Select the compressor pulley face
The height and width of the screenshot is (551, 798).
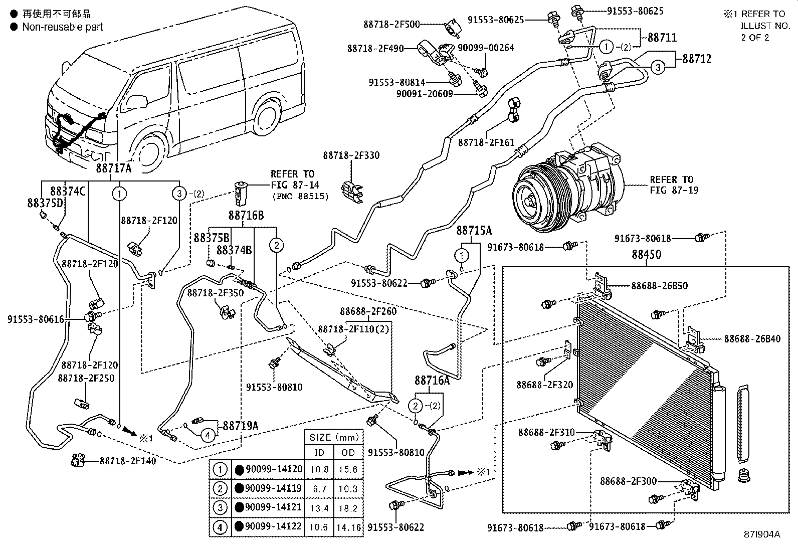pos(533,201)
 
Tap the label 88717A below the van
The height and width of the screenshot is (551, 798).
pos(113,168)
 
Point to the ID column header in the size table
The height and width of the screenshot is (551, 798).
pos(319,452)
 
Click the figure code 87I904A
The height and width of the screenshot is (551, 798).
pos(762,534)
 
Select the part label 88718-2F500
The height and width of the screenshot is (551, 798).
pos(391,24)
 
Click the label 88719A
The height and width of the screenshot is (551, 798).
pos(241,426)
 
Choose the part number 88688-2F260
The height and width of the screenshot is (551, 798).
pos(368,311)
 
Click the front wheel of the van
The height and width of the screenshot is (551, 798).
pos(149,151)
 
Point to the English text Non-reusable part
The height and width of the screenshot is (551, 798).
pos(62,27)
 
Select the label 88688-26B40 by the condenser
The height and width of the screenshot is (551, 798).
pos(752,339)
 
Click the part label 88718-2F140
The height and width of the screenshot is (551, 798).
pos(127,460)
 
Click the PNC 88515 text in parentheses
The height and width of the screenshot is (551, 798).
pos(300,196)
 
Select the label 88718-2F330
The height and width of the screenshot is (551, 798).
pos(351,155)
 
